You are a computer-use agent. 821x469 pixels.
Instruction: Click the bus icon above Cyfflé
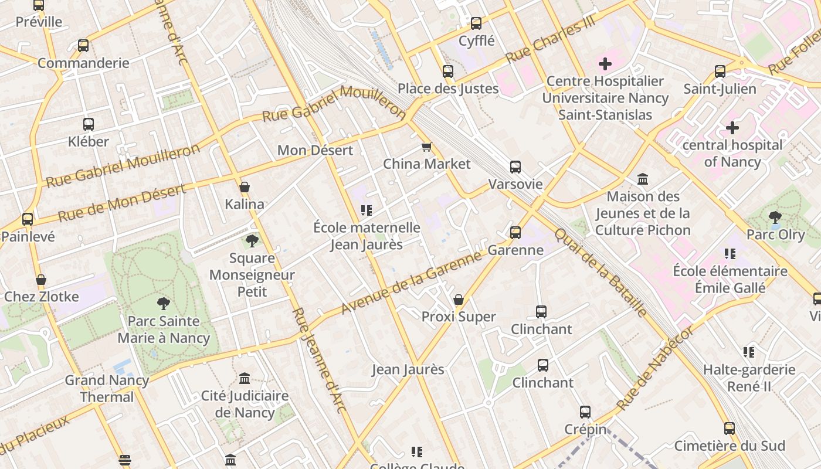476,23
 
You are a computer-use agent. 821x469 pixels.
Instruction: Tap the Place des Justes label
448,89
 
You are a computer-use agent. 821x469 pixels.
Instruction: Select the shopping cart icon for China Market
426,147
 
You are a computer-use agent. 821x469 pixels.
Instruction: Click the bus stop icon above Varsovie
515,167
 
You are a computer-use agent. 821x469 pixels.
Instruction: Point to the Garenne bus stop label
515,250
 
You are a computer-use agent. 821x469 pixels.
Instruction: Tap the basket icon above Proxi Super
459,300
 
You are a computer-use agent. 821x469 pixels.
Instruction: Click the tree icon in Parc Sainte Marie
164,304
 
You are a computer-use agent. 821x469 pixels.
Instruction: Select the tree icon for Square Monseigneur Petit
252,240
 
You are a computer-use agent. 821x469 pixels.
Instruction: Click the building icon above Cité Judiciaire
245,379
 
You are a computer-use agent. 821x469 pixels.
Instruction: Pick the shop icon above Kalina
245,188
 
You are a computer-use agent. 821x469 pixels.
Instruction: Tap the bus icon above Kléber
88,124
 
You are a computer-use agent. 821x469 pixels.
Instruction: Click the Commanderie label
83,63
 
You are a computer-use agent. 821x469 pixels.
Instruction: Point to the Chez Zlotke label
41,297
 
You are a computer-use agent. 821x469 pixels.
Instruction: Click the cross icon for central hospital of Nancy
732,127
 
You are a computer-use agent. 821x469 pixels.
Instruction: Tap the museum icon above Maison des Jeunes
643,179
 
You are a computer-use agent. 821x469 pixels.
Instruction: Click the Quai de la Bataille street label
601,272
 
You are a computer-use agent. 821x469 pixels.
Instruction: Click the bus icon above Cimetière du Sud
729,429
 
